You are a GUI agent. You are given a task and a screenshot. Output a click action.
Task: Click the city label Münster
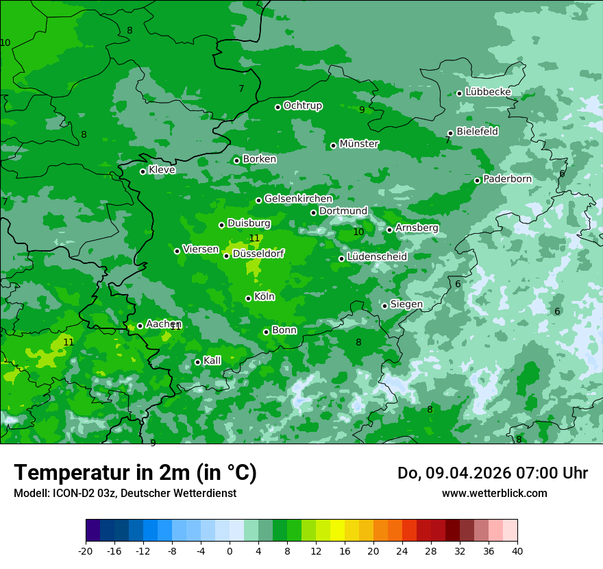pyautogui.click(x=358, y=144)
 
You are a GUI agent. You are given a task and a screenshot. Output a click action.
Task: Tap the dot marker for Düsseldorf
pyautogui.click(x=227, y=256)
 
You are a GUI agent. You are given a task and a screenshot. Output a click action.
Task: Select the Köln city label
pyautogui.click(x=264, y=297)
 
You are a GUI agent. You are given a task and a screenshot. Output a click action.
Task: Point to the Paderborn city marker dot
pyautogui.click(x=478, y=180)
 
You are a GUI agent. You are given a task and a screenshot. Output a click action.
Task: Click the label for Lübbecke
pyautogui.click(x=488, y=92)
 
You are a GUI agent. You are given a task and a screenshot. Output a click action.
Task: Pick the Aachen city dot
pyautogui.click(x=140, y=326)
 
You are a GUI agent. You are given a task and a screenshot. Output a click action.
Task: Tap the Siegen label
pyautogui.click(x=406, y=304)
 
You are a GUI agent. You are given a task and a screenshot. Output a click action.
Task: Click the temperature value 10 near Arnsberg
pyautogui.click(x=358, y=232)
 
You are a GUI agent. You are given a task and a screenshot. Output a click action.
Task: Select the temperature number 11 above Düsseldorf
pyautogui.click(x=254, y=239)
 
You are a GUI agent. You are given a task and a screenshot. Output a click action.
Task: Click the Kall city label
pyautogui.click(x=212, y=361)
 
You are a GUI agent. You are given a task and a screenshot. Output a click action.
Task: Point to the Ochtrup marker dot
pyautogui.click(x=278, y=106)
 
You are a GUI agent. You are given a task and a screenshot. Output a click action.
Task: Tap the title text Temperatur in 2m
pyautogui.click(x=135, y=473)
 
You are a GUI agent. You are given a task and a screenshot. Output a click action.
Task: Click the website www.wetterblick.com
pyautogui.click(x=494, y=494)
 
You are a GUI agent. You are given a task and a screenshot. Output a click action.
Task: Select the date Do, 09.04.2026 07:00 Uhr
pyautogui.click(x=492, y=473)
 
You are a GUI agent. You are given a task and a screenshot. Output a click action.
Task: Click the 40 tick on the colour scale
pyautogui.click(x=517, y=550)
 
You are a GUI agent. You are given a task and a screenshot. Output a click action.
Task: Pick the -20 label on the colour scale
pyautogui.click(x=86, y=550)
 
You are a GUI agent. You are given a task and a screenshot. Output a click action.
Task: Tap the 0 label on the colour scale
pyautogui.click(x=230, y=550)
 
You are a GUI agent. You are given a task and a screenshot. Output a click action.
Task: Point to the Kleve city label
pyautogui.click(x=162, y=170)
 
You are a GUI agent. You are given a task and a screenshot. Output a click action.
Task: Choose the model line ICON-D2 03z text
pyautogui.click(x=125, y=494)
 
